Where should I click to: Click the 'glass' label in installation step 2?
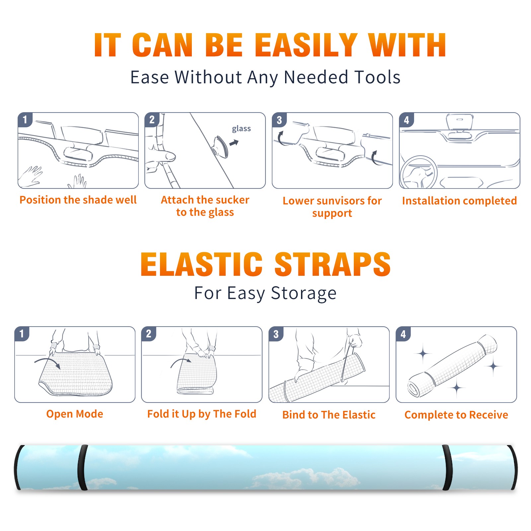tap(241, 129)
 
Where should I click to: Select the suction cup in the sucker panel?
tap(221, 146)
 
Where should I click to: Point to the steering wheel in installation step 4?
tap(418, 172)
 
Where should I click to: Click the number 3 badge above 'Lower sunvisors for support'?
tap(279, 120)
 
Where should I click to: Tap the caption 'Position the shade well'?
tap(78, 200)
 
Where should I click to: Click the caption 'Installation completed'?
tap(459, 201)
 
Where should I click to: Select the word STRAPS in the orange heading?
tap(333, 264)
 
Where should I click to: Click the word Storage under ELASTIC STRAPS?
tap(304, 293)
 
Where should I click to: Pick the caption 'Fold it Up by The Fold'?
tap(202, 414)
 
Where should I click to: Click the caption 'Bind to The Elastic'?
tap(329, 415)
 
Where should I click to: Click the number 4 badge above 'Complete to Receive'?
tap(403, 334)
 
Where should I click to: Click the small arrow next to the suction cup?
tap(234, 143)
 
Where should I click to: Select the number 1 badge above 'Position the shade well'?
tap(25, 119)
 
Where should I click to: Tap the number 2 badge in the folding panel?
tap(149, 334)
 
